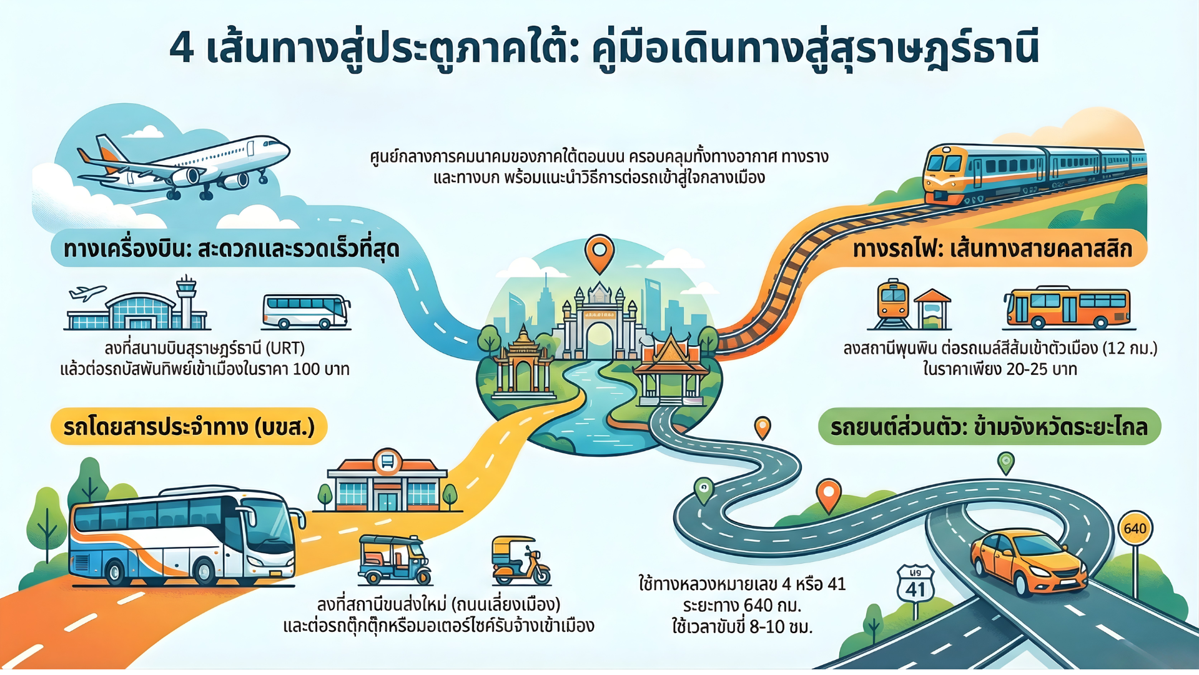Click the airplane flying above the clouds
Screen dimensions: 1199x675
(x=184, y=166)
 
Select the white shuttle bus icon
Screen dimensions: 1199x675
(x=305, y=311)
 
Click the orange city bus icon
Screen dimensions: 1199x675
(x=1067, y=308)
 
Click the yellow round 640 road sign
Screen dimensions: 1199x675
(x=1135, y=528)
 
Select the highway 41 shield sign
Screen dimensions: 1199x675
(x=915, y=584)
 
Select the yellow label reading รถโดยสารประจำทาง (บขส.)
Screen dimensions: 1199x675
(x=189, y=427)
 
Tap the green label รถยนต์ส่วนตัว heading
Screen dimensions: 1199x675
(x=989, y=427)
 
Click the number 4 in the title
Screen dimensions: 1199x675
(x=182, y=47)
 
